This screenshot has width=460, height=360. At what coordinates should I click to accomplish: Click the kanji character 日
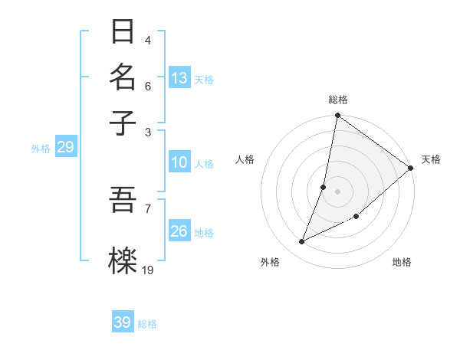click(123, 32)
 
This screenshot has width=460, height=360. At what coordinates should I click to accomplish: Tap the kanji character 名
click(123, 77)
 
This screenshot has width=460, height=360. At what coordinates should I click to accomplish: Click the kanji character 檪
click(123, 260)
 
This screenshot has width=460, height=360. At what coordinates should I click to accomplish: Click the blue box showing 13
click(179, 78)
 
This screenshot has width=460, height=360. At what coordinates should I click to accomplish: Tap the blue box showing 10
click(179, 162)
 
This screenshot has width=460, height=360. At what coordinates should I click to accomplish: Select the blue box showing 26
click(179, 231)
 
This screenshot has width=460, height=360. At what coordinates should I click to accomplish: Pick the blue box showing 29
click(65, 147)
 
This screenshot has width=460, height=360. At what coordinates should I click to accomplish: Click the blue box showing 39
click(123, 322)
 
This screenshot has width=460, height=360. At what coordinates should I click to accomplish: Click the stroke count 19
click(148, 270)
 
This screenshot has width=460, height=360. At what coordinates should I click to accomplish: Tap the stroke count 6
click(147, 86)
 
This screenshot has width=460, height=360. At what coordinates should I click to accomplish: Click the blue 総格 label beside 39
click(147, 324)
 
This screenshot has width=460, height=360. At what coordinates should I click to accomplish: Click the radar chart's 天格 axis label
click(431, 159)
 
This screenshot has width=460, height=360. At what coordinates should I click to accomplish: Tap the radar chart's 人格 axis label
click(245, 159)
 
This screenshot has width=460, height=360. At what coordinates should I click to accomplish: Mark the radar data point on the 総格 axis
click(337, 116)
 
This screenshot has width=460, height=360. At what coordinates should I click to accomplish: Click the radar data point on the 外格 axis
click(302, 242)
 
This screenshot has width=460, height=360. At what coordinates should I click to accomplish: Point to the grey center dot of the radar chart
click(337, 191)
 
